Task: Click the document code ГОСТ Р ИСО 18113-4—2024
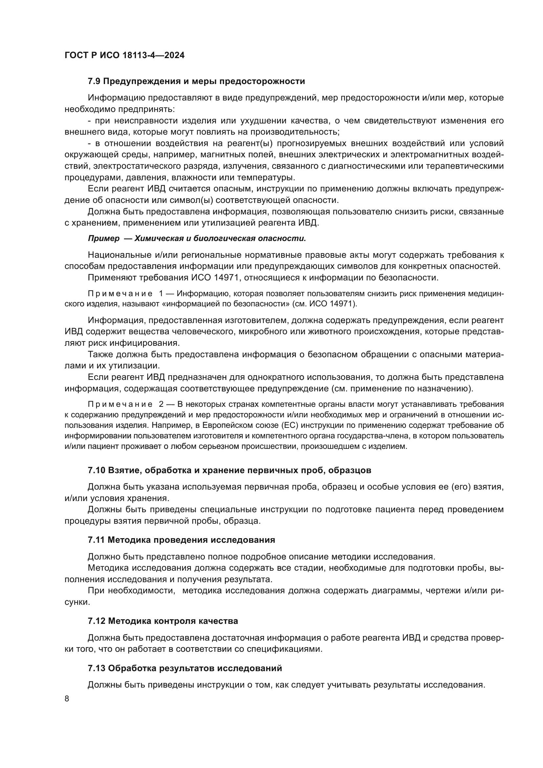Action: coord(124,55)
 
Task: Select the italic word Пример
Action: coord(103,238)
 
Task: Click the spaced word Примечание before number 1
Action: coord(120,294)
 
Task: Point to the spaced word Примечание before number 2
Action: coord(120,404)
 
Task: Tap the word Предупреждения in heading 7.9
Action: coord(141,81)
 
